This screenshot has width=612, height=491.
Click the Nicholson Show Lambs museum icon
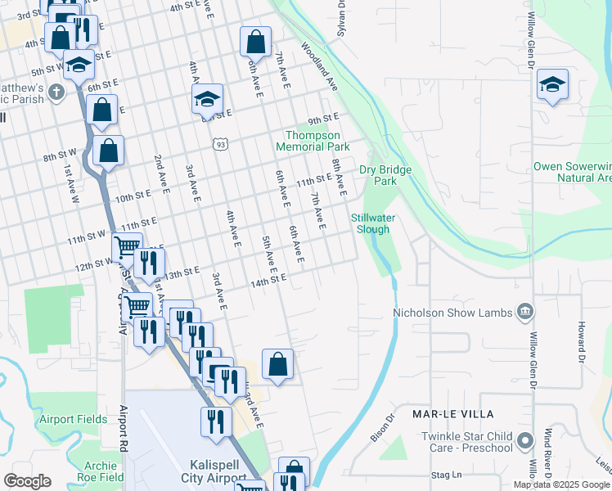[524, 312]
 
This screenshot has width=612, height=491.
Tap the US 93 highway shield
[219, 144]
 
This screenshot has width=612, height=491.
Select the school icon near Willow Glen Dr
[552, 85]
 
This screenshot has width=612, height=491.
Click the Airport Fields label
[74, 419]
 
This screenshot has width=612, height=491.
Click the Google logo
[27, 481]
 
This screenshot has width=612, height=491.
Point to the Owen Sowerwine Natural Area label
[572, 171]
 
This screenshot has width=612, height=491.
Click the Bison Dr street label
[383, 427]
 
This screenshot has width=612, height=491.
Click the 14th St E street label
[269, 279]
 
